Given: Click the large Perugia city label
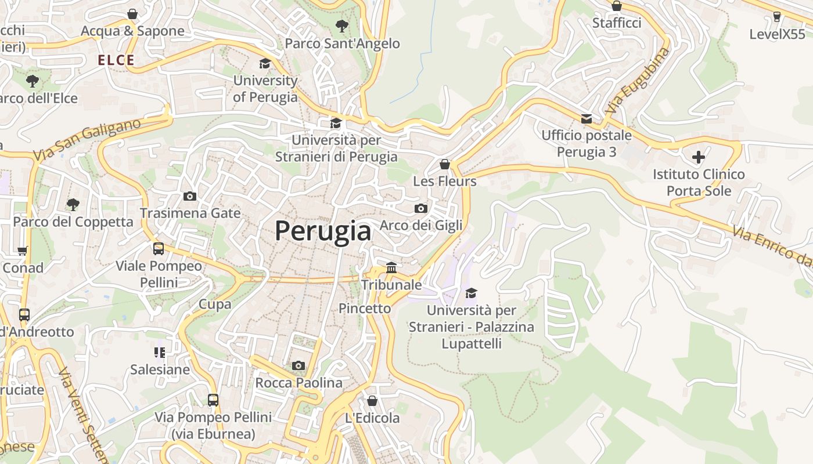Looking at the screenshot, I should coord(323,231).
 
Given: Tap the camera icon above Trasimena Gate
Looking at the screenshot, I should coord(190,196).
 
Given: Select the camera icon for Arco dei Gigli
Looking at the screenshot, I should coord(421,208).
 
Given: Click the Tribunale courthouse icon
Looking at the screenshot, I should coord(391,268).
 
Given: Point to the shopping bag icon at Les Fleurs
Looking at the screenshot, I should coord(445,164).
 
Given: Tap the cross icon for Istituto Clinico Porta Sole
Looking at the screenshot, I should coord(698,157).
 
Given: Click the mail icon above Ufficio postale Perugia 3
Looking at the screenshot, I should coord(587,118).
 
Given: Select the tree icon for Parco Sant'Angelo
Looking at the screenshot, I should coord(342,26).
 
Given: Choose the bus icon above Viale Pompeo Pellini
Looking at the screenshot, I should coord(159,249).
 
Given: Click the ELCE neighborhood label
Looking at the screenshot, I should coord(116,60).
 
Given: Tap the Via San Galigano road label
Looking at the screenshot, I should coord(87,140).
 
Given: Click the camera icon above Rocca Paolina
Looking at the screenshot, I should coord(298,365).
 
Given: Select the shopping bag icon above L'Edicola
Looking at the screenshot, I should coord(372,401).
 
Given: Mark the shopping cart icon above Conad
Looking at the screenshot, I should coord(23,251).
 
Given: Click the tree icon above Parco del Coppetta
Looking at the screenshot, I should coord(73,204).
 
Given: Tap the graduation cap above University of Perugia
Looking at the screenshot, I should coord(265,63).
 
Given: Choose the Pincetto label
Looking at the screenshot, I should coord(365,308).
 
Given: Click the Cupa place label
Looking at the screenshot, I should coord(215,304).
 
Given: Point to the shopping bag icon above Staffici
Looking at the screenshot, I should coord(617,6).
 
